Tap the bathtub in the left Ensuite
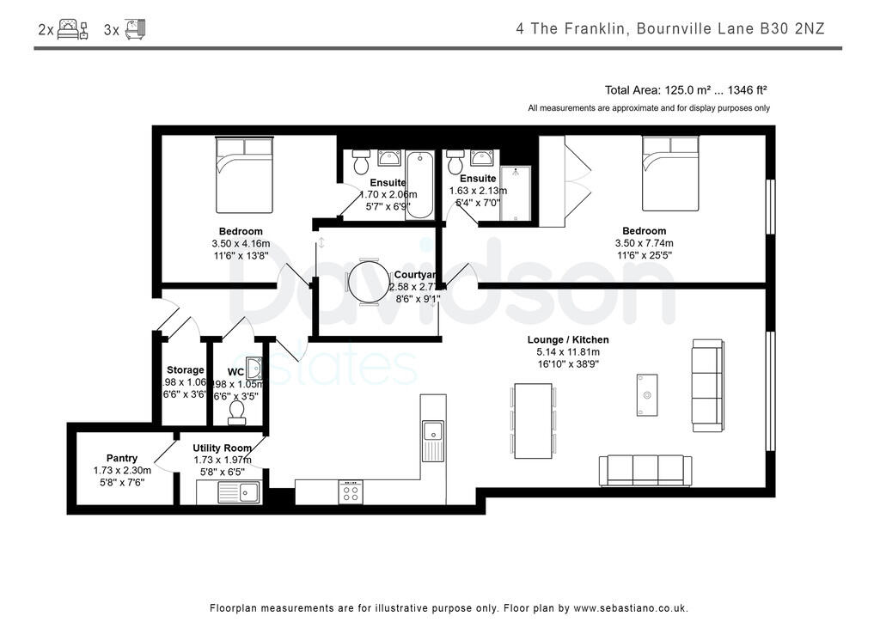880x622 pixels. [x=419, y=182]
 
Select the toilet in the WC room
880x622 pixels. [x=237, y=413]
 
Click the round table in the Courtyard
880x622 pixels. [x=370, y=282]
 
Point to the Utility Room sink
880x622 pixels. [x=238, y=492]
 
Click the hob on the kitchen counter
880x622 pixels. [x=351, y=491]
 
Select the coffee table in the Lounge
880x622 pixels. [x=647, y=395]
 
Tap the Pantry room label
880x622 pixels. [x=122, y=458]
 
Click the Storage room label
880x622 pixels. [x=186, y=370]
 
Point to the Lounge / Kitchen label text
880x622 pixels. [x=563, y=339]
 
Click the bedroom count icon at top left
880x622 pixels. [x=73, y=29]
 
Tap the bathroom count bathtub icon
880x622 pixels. [x=136, y=29]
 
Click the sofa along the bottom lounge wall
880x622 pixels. [x=645, y=470]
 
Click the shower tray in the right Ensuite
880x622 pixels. [x=516, y=193]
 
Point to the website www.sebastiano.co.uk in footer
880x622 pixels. [x=631, y=607]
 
